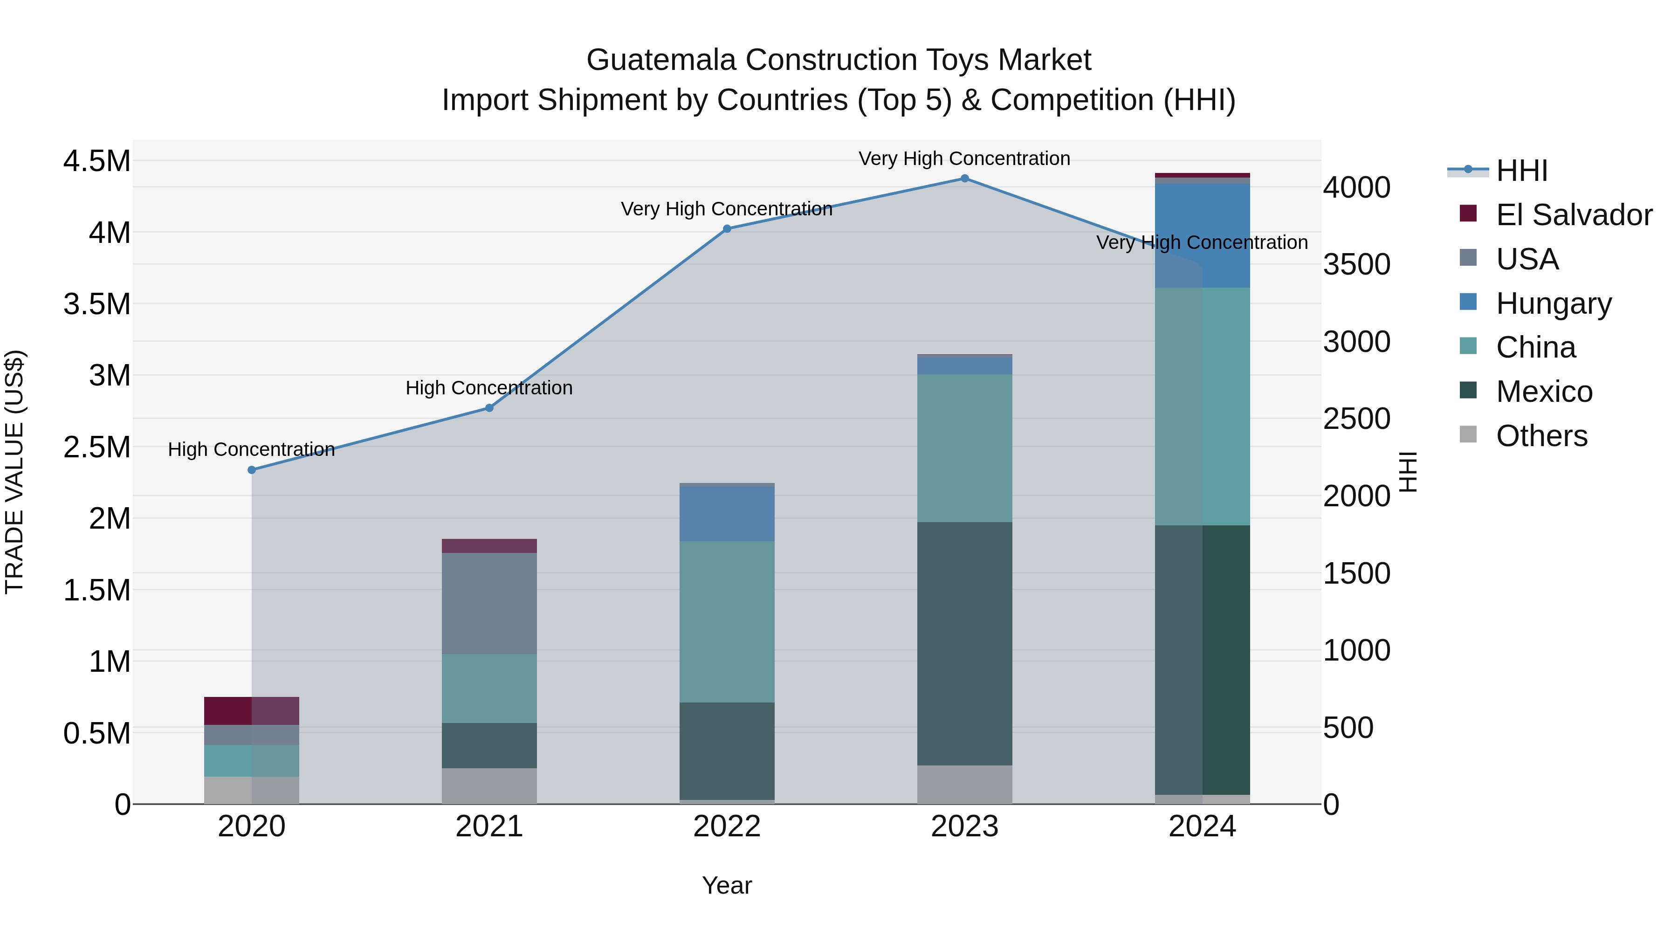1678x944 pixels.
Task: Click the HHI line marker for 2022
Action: (x=727, y=229)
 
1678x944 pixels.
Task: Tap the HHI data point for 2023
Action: (x=965, y=179)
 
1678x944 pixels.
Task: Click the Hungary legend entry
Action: (x=1553, y=303)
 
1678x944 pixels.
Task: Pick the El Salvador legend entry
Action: (x=1574, y=215)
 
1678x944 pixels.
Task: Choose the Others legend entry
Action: (x=1541, y=436)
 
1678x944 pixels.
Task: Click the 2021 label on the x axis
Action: (x=489, y=827)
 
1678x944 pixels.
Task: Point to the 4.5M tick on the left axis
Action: (x=96, y=161)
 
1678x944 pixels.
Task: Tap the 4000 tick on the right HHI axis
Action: (x=1356, y=187)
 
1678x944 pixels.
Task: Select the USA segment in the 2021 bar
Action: (x=489, y=603)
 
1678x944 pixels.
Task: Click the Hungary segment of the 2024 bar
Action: (x=1203, y=235)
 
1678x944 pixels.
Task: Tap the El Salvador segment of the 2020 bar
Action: (x=251, y=711)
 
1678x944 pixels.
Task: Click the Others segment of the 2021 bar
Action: (x=489, y=786)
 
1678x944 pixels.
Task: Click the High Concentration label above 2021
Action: (x=489, y=388)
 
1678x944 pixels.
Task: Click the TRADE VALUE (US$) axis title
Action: (x=15, y=472)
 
